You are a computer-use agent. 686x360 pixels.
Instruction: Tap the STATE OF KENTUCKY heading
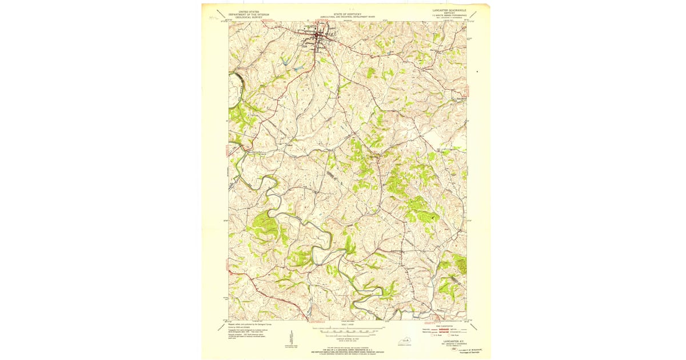pos(347,14)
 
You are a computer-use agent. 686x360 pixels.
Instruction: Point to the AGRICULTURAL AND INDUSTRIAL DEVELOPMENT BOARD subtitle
pos(347,17)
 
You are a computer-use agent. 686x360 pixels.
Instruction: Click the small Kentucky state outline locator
pos(404,341)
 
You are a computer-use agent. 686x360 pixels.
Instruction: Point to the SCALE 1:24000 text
pos(347,325)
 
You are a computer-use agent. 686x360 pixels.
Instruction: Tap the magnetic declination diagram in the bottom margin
pos(291,338)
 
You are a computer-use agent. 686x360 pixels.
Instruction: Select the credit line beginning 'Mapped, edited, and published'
pos(249,324)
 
